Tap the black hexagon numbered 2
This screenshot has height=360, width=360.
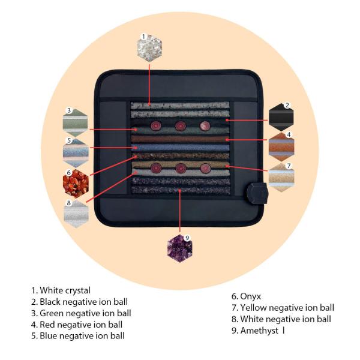(281, 116)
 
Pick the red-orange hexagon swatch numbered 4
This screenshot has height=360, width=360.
(281, 145)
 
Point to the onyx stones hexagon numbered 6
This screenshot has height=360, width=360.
(76, 183)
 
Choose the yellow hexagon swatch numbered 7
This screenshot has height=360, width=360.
(281, 175)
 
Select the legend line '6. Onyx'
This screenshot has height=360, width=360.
(246, 296)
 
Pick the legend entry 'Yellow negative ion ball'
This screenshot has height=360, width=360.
(283, 308)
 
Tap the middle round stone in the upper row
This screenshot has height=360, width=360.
(180, 126)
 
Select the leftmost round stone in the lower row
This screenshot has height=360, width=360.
(156, 167)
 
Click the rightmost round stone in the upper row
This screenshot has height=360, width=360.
(204, 126)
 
